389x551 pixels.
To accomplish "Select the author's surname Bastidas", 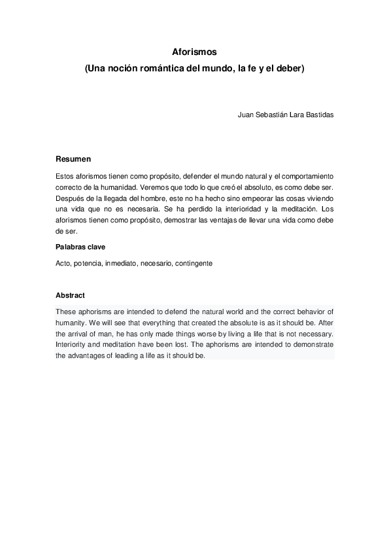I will click(317, 115).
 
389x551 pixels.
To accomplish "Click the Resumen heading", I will click(73, 159).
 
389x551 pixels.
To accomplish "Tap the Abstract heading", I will click(70, 295).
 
